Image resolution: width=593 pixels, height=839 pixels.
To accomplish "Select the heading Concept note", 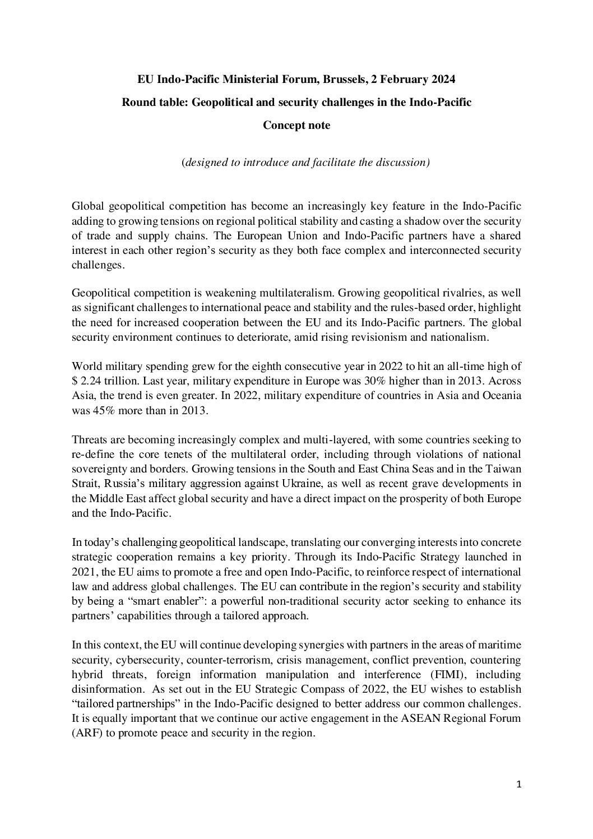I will (x=296, y=126).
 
